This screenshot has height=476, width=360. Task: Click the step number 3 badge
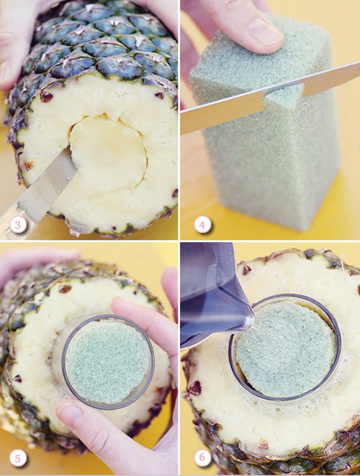18,225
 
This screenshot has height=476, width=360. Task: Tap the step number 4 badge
202,225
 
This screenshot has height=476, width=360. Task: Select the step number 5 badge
18,458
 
